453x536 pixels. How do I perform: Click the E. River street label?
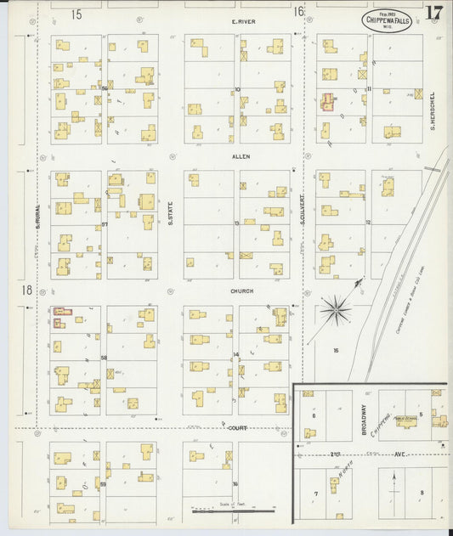point(245,20)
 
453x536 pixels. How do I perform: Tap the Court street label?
point(238,428)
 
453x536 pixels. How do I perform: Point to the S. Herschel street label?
point(433,110)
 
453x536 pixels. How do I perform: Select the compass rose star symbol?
point(337,311)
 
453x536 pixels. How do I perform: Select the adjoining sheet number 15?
point(76,13)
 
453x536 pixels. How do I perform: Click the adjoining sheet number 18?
point(27,290)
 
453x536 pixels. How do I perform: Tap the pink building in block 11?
point(327,102)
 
